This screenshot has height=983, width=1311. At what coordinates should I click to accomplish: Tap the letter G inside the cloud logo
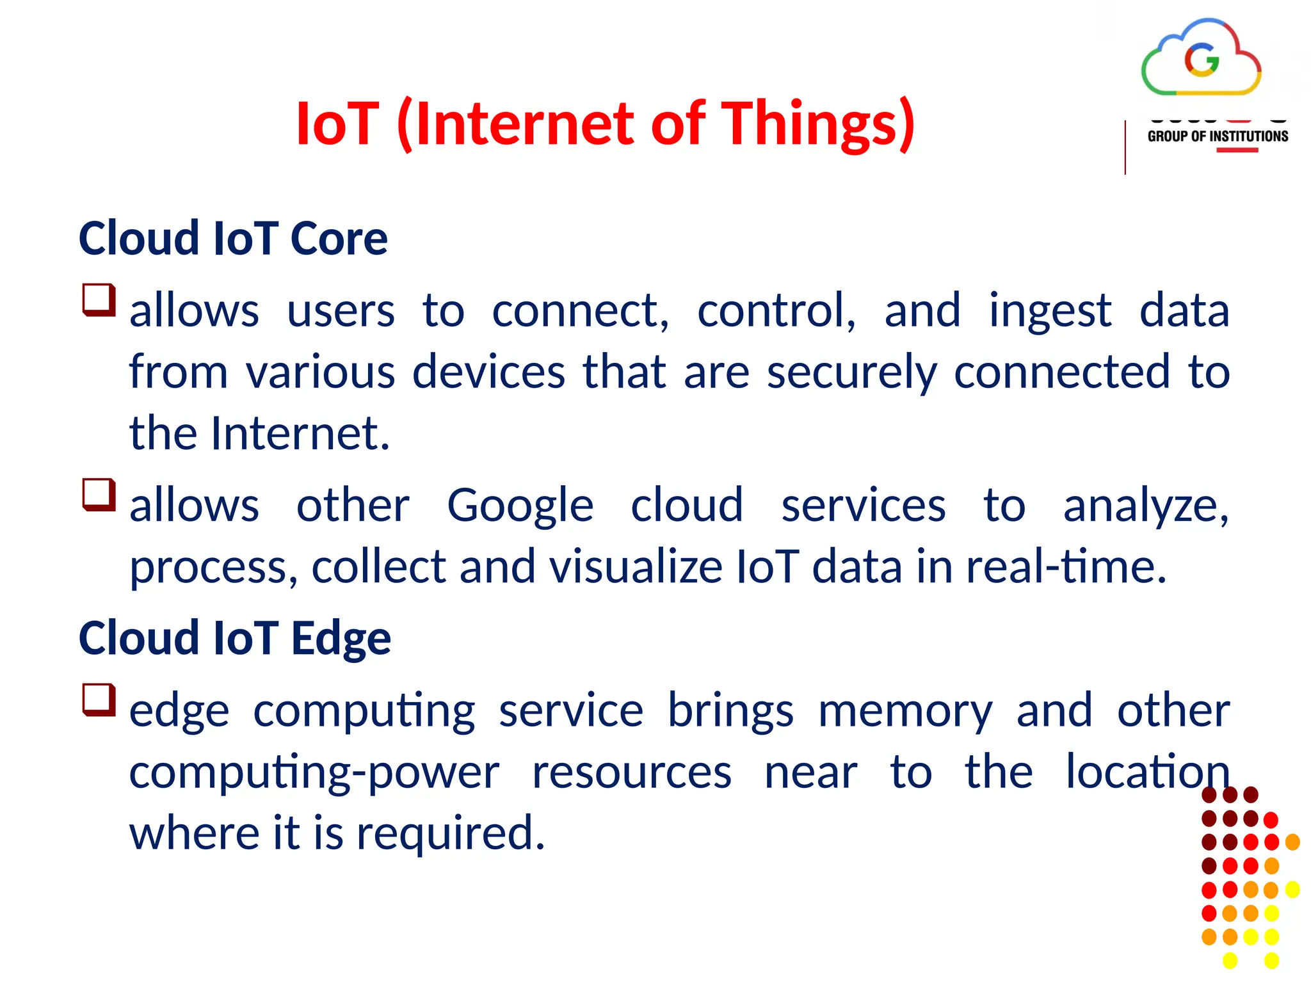pyautogui.click(x=1202, y=60)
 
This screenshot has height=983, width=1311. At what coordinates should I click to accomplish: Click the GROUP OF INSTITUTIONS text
pyautogui.click(x=1218, y=136)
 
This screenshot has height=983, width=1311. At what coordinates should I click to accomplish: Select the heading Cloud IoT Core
pyautogui.click(x=233, y=238)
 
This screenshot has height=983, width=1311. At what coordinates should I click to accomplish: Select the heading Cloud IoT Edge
pyautogui.click(x=234, y=638)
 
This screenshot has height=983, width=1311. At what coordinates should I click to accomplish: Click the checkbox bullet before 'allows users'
pyautogui.click(x=99, y=300)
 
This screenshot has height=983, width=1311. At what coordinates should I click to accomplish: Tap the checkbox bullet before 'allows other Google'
pyautogui.click(x=99, y=495)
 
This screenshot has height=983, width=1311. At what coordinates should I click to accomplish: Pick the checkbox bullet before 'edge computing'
pyautogui.click(x=99, y=699)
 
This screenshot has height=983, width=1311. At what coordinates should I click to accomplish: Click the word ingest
pyautogui.click(x=1050, y=312)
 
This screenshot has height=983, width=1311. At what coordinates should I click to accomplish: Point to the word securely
pyautogui.click(x=851, y=372)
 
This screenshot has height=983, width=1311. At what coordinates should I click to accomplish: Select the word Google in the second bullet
pyautogui.click(x=520, y=506)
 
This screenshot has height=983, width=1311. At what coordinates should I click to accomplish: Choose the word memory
pyautogui.click(x=905, y=711)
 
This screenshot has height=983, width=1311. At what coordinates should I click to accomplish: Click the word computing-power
pyautogui.click(x=314, y=772)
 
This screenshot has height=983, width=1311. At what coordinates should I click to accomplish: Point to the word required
pyautogui.click(x=450, y=834)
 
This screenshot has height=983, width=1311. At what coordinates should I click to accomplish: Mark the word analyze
pyautogui.click(x=1146, y=506)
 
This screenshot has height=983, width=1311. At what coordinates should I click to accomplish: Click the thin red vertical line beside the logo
pyautogui.click(x=1125, y=147)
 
